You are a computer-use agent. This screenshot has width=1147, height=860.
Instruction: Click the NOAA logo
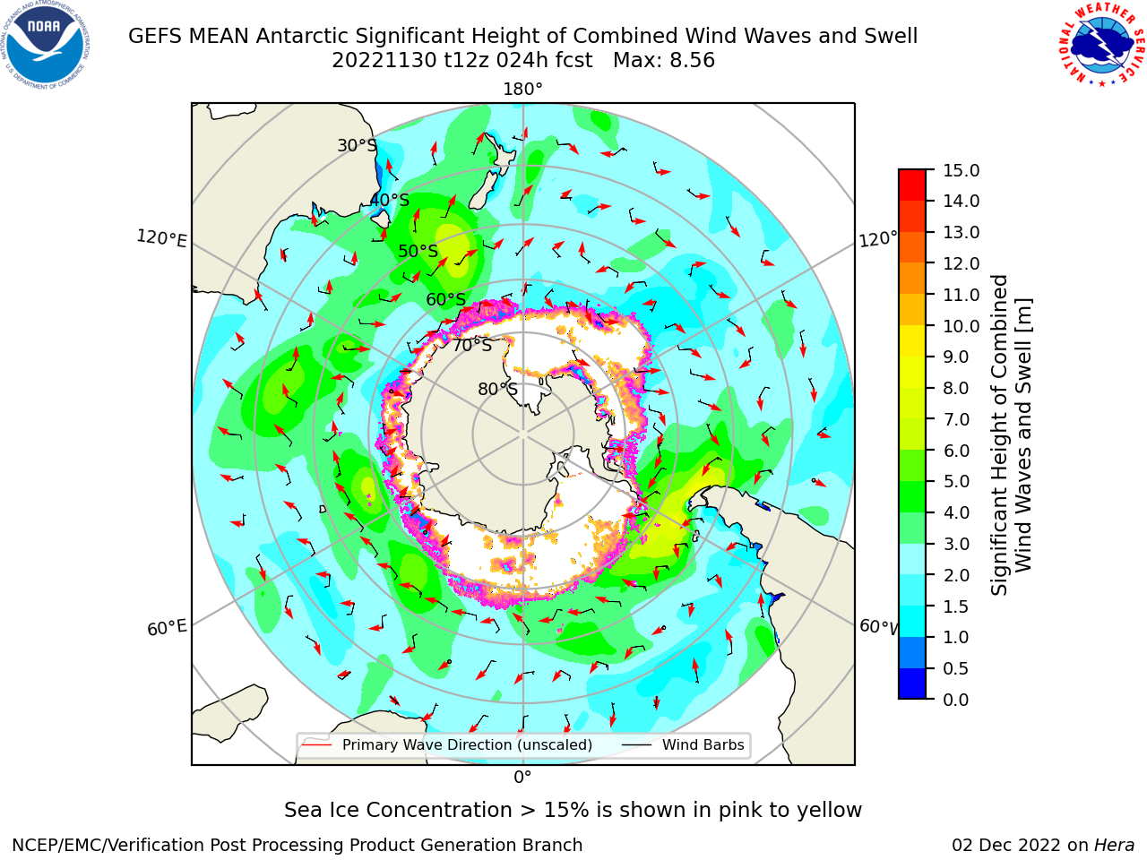click(46, 45)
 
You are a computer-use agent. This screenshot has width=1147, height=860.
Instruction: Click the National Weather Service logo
click(1101, 45)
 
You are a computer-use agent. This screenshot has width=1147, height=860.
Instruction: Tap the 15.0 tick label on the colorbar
click(961, 170)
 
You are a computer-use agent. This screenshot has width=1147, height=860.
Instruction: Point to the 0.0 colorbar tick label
click(956, 700)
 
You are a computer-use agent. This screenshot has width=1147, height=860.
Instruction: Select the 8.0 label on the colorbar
click(956, 388)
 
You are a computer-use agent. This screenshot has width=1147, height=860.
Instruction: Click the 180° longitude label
click(522, 90)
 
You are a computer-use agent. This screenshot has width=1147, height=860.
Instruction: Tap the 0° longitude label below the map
click(522, 778)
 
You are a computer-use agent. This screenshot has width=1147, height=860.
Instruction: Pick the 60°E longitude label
click(167, 627)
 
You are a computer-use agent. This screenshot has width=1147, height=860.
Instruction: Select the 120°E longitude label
click(161, 238)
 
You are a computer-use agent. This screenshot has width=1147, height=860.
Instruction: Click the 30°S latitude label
click(357, 145)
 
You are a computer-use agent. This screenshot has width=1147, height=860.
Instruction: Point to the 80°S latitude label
click(497, 389)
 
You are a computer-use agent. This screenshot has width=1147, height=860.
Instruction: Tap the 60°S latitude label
click(445, 299)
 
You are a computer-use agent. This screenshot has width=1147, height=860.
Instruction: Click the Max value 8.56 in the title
click(692, 60)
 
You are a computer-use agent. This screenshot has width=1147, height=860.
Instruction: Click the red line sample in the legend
click(316, 744)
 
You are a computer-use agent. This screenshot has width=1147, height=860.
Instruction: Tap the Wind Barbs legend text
click(703, 744)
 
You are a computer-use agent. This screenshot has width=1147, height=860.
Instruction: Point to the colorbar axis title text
click(1012, 435)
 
